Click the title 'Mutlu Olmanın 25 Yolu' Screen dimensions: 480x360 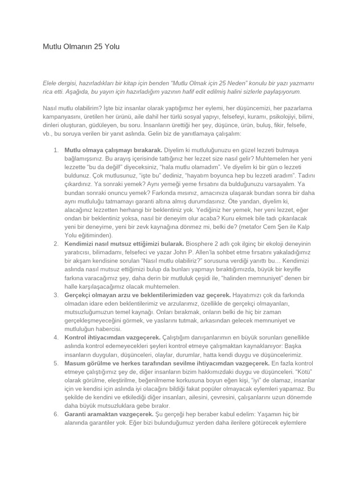pyautogui.click(x=81, y=47)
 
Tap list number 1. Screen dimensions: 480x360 pyautogui.click(x=56, y=150)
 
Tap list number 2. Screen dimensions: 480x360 pyautogui.click(x=56, y=244)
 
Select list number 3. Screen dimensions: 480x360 pyautogui.click(x=56, y=295)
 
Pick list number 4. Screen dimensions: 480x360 pyautogui.click(x=56, y=337)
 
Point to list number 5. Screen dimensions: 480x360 pyautogui.click(x=56, y=363)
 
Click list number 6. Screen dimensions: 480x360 pyautogui.click(x=56, y=414)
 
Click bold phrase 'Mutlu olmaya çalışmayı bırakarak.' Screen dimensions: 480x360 pyautogui.click(x=113, y=150)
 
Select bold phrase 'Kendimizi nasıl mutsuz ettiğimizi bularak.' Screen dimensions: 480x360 pyautogui.click(x=124, y=244)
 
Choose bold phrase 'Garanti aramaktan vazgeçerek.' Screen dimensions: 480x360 pyautogui.click(x=109, y=414)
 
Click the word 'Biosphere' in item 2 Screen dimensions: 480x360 pyautogui.click(x=202, y=244)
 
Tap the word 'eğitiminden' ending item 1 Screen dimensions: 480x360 pyautogui.click(x=96, y=235)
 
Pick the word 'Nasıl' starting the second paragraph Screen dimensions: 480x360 pyautogui.click(x=51, y=108)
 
